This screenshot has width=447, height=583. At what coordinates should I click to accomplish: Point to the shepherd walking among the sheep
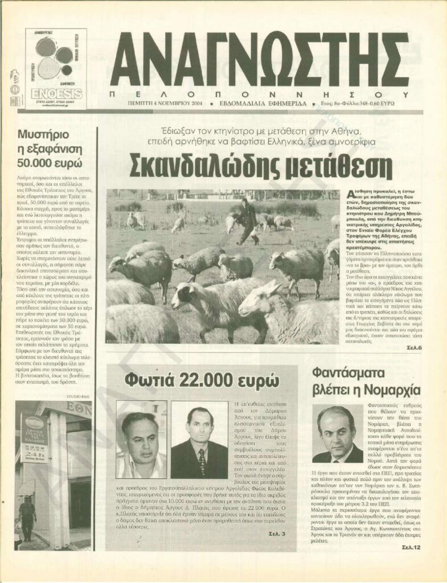tap(248, 220)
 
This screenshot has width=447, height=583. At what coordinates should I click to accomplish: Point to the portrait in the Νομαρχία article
tap(337, 435)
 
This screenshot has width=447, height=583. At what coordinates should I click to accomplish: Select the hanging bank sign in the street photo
tap(34, 432)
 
